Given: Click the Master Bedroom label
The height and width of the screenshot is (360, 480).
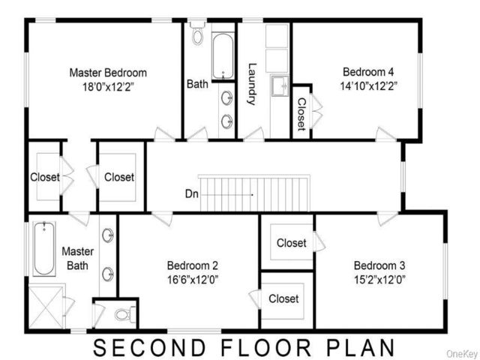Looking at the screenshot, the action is click(x=108, y=73).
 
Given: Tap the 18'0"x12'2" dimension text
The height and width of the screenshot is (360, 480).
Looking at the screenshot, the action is click(x=108, y=87).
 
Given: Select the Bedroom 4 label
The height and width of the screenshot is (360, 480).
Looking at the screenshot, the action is click(x=368, y=72).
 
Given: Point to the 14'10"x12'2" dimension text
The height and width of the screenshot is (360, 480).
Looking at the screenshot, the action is click(x=368, y=86).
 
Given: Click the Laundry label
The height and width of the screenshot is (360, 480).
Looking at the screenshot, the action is click(x=252, y=84).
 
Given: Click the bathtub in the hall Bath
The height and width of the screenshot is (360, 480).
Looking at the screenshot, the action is click(x=223, y=56).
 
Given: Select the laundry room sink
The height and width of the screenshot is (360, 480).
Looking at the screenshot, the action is click(x=280, y=85).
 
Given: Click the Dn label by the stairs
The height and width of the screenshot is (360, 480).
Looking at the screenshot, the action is click(x=192, y=194).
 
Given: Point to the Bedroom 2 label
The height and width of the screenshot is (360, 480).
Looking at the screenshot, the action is click(x=193, y=265).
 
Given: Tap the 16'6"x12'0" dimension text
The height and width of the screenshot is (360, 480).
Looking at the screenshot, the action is click(x=193, y=280).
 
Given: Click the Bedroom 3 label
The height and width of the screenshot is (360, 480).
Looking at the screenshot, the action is click(x=379, y=265).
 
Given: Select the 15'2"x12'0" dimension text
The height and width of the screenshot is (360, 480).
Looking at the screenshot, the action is click(x=379, y=280).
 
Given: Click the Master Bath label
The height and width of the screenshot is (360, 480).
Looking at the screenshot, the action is click(x=78, y=258).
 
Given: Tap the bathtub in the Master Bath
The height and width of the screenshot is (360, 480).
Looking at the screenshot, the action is click(x=44, y=248).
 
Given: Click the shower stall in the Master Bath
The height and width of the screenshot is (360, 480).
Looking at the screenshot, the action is click(x=46, y=307).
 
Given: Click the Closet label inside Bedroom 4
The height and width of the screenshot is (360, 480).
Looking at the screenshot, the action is click(x=301, y=114).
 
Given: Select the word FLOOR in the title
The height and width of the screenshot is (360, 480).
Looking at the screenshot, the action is click(x=265, y=348).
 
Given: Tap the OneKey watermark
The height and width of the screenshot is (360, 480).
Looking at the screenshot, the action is click(x=463, y=353).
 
